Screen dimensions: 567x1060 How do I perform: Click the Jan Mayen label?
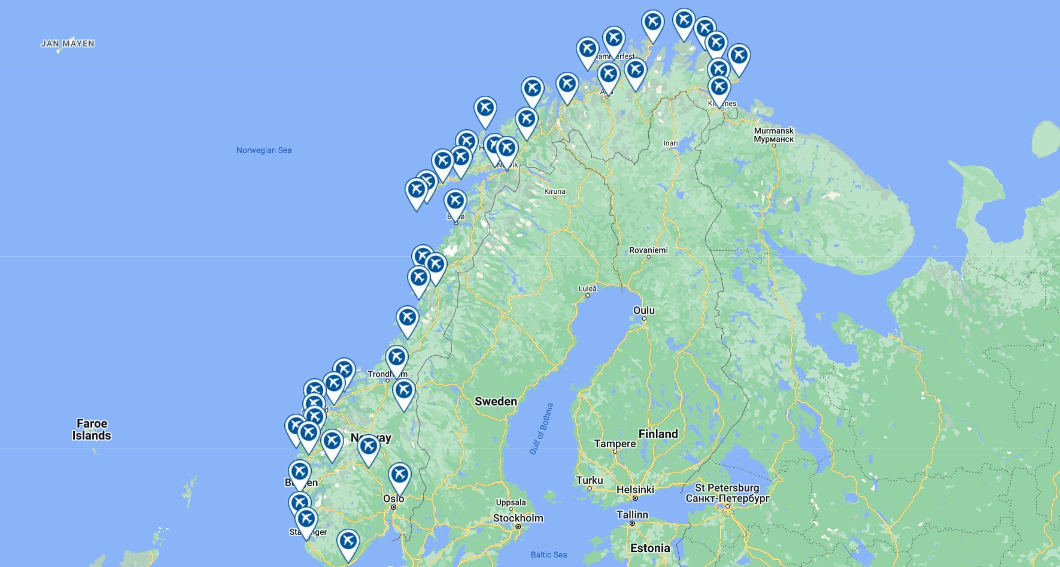[68, 44]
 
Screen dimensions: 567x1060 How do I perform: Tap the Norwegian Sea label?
[264, 150]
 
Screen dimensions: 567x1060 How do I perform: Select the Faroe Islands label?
[92, 429]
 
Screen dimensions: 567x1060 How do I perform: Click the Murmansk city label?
[773, 135]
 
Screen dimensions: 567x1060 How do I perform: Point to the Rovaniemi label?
[648, 250]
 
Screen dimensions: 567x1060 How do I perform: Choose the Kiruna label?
[555, 192]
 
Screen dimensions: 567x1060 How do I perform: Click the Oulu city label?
[644, 310]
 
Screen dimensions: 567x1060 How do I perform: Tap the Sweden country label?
[496, 401]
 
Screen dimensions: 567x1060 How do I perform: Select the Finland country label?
[658, 433]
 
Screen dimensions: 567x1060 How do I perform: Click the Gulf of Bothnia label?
[542, 429]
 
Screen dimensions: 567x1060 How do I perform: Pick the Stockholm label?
[518, 518]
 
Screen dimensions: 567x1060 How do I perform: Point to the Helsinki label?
[635, 489]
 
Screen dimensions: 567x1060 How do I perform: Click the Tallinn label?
[632, 514]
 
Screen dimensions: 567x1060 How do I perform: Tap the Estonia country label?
[650, 548]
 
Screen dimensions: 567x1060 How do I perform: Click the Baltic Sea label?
[548, 554]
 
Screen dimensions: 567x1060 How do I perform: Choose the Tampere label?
[615, 444]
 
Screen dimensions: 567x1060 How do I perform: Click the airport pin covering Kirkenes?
[719, 87]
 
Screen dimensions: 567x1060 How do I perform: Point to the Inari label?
[670, 143]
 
